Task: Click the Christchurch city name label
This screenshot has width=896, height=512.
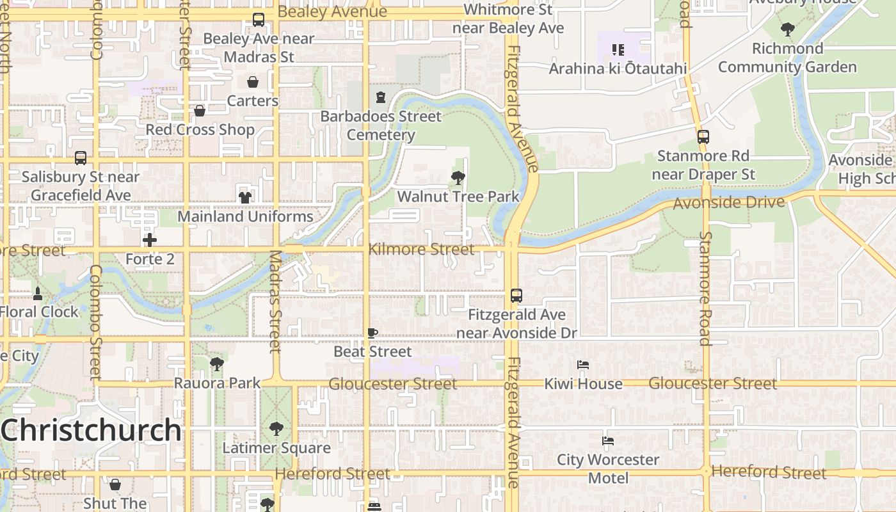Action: coord(91,430)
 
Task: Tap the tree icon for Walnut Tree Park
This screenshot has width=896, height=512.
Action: coord(458,178)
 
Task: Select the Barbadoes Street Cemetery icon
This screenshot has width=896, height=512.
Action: coord(381,97)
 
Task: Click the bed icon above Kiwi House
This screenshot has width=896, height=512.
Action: coord(583,365)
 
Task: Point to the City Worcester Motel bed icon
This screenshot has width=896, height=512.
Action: coord(608,441)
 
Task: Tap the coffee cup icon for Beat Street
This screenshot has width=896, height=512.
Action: coord(372,333)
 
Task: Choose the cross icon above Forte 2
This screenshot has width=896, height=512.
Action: coord(150,240)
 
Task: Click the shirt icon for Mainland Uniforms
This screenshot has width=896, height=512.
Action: coord(245,197)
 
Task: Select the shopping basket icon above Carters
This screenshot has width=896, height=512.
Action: coord(253,82)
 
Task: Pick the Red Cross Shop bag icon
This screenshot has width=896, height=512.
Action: coord(200,111)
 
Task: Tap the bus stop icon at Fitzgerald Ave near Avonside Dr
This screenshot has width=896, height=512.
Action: coord(516,296)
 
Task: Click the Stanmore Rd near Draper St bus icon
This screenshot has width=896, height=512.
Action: coord(703,137)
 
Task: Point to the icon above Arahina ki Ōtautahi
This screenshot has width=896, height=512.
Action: coord(618,49)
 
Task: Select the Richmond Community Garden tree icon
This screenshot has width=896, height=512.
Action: coord(787,29)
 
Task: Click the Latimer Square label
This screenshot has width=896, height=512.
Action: coord(276,447)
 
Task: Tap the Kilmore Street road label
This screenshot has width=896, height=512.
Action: coord(422,249)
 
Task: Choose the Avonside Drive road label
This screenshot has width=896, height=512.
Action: coord(728,204)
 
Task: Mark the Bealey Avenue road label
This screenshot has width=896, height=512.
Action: coord(332,12)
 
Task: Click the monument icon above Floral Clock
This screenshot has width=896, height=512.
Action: coord(38,294)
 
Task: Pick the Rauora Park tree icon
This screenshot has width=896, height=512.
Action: coord(217,364)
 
